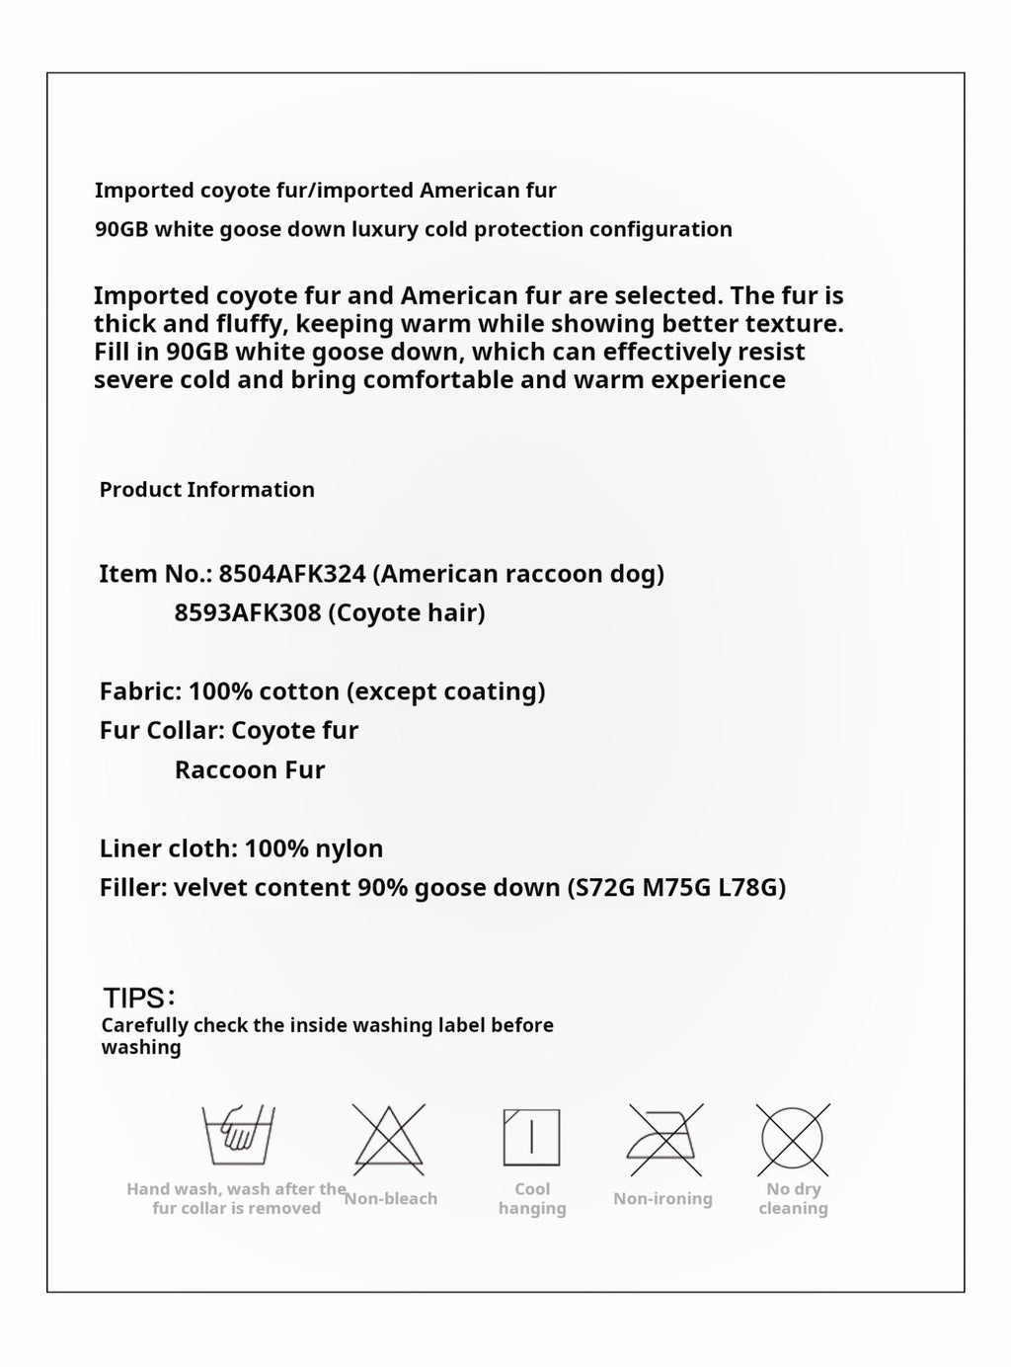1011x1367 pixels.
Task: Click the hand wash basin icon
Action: [x=238, y=1136]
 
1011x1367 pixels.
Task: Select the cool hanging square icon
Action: [x=531, y=1137]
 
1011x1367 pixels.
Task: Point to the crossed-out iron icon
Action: [x=664, y=1140]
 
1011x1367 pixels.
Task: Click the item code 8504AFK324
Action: [x=292, y=574]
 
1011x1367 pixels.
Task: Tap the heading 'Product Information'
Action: [x=207, y=490]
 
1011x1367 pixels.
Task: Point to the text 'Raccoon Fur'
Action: [x=250, y=770]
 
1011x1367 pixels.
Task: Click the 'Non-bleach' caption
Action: [x=391, y=1199]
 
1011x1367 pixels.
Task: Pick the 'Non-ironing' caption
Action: [x=662, y=1199]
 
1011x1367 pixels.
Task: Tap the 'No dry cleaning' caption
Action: [x=793, y=1199]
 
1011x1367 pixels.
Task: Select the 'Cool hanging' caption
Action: [x=532, y=1199]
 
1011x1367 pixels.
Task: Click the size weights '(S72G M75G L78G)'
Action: [x=676, y=888]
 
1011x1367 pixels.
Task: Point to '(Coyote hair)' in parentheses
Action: [x=406, y=613]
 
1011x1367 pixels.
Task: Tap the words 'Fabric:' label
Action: [x=140, y=691]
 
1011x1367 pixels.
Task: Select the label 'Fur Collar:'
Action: [x=162, y=731]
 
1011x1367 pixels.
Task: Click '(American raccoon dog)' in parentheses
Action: [x=518, y=574]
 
